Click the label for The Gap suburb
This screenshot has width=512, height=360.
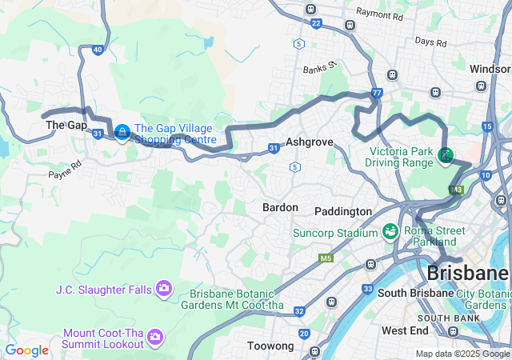tap(66, 126)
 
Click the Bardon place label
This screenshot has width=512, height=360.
tap(280, 207)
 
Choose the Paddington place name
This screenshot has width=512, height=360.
tap(342, 211)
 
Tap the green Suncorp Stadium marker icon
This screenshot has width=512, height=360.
tap(391, 232)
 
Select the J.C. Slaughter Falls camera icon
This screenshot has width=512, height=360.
tap(164, 287)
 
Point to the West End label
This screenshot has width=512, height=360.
tap(405, 330)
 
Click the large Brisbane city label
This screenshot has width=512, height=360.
tap(468, 273)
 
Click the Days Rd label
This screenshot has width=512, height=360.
tap(430, 42)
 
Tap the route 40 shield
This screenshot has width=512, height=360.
tap(97, 50)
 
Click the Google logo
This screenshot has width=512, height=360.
tap(26, 350)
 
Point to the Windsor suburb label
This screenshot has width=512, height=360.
tap(490, 69)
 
